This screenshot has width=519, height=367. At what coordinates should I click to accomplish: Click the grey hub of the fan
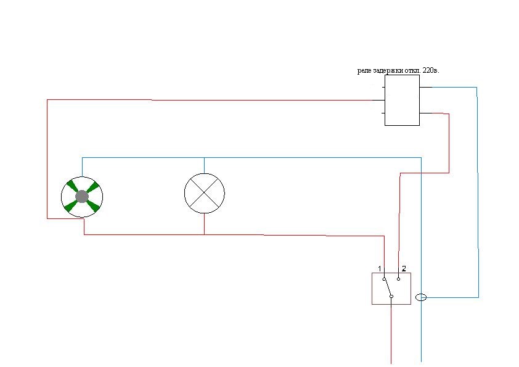pos(82,197)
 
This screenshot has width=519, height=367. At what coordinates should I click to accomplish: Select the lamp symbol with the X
pos(205,194)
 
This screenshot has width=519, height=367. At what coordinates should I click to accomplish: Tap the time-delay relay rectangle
pos(402,101)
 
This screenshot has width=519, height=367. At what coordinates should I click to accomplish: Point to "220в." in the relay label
pos(431,70)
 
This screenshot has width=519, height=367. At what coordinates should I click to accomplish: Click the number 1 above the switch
pos(380,269)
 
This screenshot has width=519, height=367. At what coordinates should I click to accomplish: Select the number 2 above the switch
pos(404,269)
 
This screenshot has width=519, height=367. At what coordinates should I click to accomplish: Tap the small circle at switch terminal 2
pos(399,279)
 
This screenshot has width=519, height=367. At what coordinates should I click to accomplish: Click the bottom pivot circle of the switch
pos(391,297)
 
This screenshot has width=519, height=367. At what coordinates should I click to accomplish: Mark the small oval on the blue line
pos(421,297)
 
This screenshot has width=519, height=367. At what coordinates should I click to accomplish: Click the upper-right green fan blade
pos(92,187)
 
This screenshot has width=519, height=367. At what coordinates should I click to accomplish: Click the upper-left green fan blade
pos(72,186)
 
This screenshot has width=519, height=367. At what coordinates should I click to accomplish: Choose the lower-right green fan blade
pos(92,207)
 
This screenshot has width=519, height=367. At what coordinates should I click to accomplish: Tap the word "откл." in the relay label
pos(415,70)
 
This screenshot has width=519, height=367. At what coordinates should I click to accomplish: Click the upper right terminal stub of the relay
pos(426,87)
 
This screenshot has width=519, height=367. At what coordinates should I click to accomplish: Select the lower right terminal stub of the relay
pos(426,113)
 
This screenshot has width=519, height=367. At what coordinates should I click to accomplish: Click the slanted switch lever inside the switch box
pos(388,288)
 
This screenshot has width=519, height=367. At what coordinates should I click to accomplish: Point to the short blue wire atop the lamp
pos(204,165)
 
